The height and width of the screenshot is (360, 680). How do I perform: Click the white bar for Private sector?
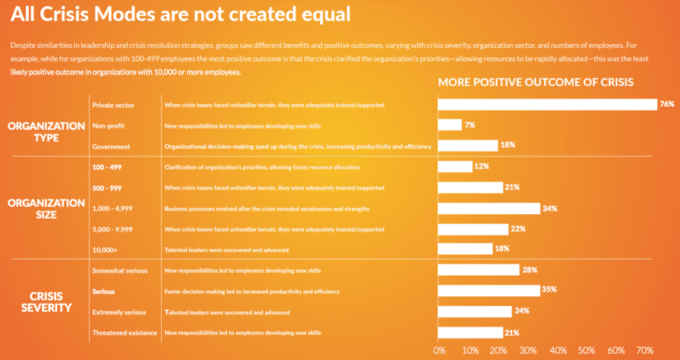pyautogui.click(x=547, y=104)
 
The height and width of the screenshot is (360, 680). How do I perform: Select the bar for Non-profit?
pyautogui.click(x=450, y=125)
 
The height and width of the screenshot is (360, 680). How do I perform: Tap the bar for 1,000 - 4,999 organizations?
pyautogui.click(x=489, y=208)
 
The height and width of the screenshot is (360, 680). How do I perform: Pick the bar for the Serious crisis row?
pyautogui.click(x=489, y=290)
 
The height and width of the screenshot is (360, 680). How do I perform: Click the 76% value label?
pyautogui.click(x=667, y=104)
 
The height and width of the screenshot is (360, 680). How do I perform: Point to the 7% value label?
pyautogui.click(x=470, y=125)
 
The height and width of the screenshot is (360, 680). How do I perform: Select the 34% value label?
pyautogui.click(x=550, y=208)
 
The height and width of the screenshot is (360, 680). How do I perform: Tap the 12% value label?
pyautogui.click(x=481, y=166)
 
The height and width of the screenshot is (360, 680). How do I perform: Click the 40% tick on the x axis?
pyautogui.click(x=557, y=350)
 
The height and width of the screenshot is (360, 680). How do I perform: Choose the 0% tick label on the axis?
pyautogui.click(x=439, y=350)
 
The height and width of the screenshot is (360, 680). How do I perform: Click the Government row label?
pyautogui.click(x=111, y=146)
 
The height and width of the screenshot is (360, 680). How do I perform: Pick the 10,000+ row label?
pyautogui.click(x=105, y=249)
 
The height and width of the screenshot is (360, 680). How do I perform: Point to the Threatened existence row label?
pyautogui.click(x=124, y=333)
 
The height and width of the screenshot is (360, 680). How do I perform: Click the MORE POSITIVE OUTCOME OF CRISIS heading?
pyautogui.click(x=535, y=82)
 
